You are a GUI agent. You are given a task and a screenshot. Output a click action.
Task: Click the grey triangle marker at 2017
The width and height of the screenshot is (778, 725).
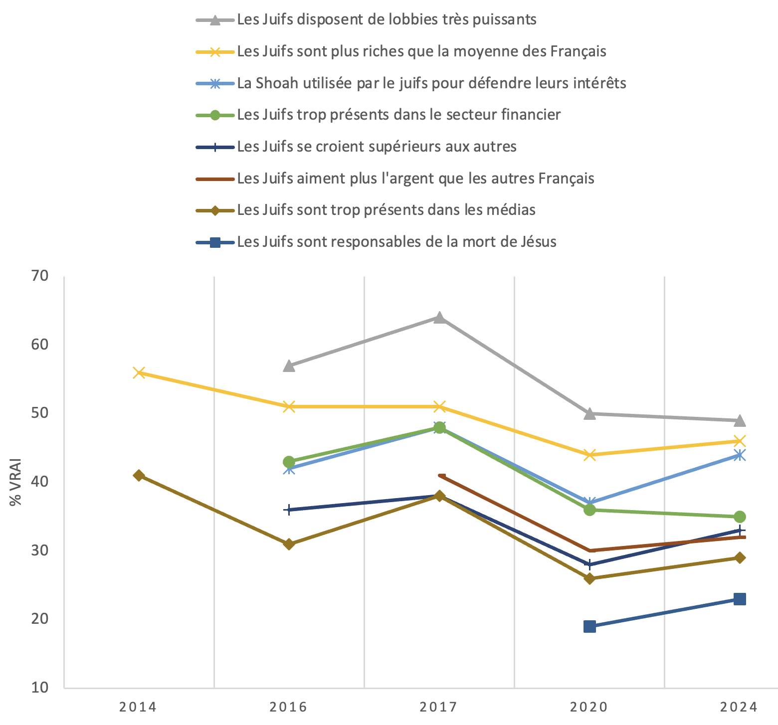pos(439,318)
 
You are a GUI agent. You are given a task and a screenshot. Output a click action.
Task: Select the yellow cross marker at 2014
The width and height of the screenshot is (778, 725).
pos(139,372)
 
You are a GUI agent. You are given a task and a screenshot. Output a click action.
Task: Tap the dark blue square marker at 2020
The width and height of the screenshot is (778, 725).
pos(589,626)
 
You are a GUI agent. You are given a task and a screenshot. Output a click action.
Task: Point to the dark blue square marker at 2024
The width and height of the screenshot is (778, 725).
pos(740,599)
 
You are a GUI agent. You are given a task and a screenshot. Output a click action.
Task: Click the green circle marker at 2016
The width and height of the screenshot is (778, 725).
pos(289,462)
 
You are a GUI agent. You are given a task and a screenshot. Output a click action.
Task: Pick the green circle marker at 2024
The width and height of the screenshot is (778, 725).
pos(740,517)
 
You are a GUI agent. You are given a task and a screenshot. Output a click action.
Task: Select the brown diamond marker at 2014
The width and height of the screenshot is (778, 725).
pos(139,475)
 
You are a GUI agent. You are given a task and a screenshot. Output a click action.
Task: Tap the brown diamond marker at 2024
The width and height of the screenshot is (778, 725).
pos(740,557)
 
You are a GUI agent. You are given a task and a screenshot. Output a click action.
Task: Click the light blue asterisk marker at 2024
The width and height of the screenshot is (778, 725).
pos(740,455)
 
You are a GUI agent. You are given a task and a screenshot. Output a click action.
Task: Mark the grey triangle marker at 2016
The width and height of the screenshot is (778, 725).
pos(289,366)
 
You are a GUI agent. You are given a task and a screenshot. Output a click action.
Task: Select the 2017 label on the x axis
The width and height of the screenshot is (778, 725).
pos(439,707)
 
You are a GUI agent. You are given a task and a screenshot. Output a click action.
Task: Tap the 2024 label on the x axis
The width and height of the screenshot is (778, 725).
pos(740,707)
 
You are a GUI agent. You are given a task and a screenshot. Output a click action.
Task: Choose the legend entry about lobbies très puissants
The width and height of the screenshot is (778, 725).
pos(387,19)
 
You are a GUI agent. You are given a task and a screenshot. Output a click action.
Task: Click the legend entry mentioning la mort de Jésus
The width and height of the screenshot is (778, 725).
pos(396,242)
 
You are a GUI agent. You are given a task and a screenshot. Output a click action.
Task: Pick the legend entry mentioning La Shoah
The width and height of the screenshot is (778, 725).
pos(431,83)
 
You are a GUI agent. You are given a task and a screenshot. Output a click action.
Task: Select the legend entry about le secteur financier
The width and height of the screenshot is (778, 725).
pos(399,115)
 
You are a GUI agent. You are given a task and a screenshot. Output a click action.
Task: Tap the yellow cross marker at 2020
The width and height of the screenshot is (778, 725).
pos(589,455)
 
